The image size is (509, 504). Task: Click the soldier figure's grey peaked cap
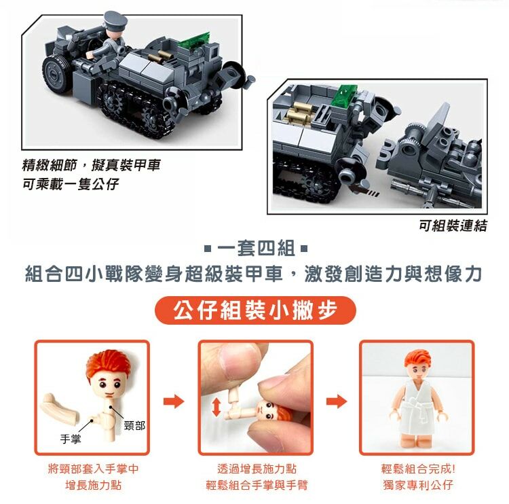click(115, 20)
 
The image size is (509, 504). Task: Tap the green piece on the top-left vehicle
click(195, 41)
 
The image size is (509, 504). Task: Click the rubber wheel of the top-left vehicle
click(54, 74)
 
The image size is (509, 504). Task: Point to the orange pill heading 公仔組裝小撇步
click(255, 310)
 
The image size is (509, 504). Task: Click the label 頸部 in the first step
click(134, 425)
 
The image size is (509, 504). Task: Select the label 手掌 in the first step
click(70, 439)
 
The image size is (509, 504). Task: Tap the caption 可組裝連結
click(453, 226)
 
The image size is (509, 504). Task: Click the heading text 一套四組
click(256, 249)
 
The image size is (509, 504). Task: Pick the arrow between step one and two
click(174, 401)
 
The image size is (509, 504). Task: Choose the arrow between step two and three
click(337, 401)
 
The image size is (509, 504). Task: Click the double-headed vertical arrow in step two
click(216, 408)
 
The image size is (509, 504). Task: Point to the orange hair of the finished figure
click(418, 358)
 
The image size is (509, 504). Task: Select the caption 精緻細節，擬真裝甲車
click(91, 165)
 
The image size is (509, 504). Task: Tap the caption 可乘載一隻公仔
click(71, 184)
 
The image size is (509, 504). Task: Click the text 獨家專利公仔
click(418, 485)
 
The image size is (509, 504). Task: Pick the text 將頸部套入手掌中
click(93, 469)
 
